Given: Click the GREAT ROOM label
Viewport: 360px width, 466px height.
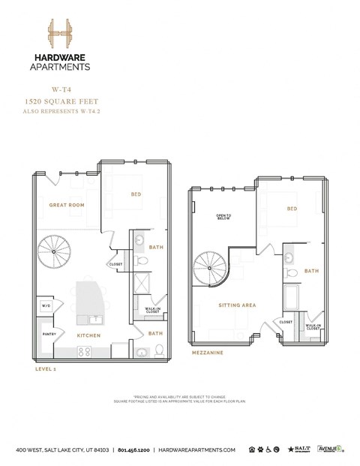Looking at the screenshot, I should [66, 205].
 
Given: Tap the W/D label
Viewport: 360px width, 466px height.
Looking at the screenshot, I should [45, 306].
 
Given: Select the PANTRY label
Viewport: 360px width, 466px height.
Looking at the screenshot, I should [49, 334].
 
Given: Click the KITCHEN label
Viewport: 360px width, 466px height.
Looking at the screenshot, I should [89, 335].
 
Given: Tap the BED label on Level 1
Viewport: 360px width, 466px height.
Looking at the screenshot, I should [136, 194].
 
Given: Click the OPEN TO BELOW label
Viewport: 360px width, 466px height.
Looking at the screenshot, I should [223, 217].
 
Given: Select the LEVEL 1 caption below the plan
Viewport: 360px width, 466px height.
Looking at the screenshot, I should [44, 369].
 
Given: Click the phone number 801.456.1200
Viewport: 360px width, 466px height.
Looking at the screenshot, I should [136, 449].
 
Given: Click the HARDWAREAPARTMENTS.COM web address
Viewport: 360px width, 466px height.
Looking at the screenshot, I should [197, 449].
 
